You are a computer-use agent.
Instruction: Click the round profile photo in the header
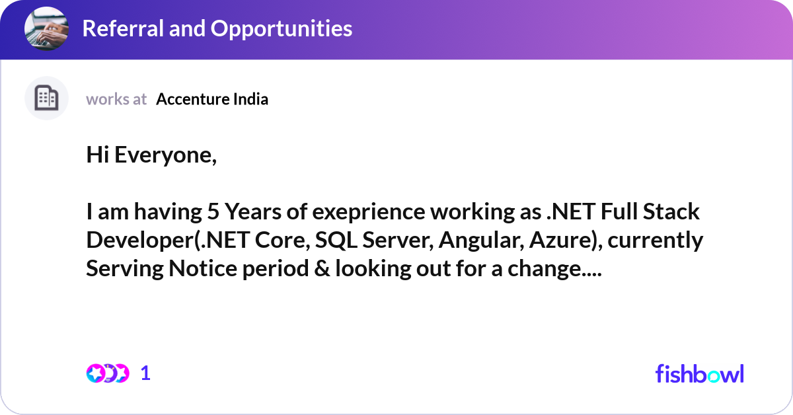46,29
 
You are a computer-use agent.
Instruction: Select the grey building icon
46,98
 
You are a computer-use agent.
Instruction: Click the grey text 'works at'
116,99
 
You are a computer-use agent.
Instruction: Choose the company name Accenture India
212,99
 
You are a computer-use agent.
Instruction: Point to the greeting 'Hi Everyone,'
151,155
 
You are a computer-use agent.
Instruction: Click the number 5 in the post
212,212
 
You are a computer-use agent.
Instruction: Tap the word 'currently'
655,241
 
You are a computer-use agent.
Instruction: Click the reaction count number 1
146,373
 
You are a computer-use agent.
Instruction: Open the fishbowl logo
699,373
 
